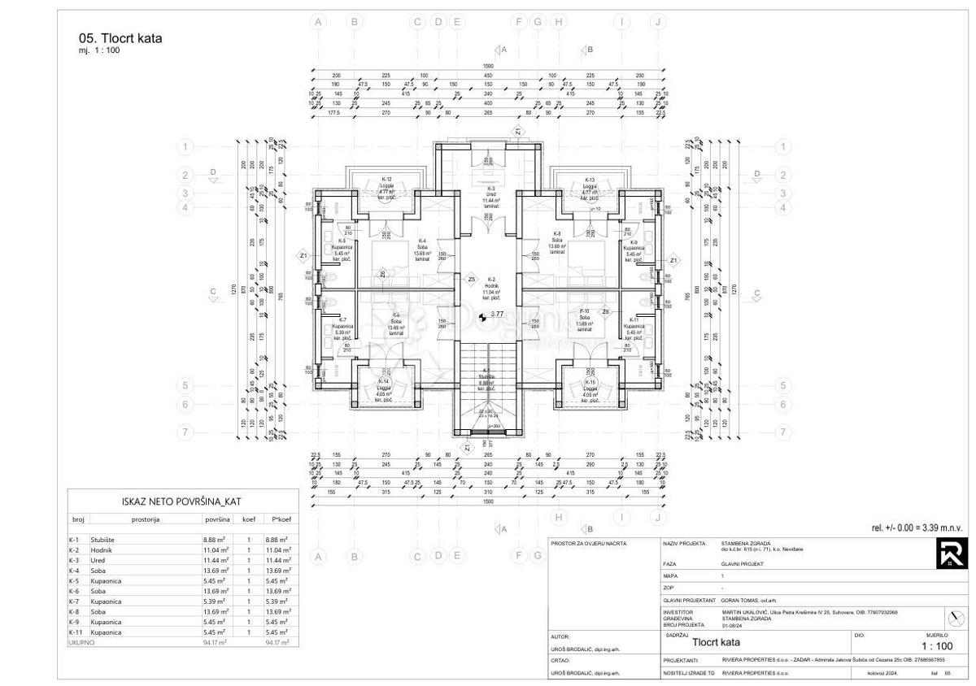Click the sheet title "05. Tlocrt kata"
coord(120,37)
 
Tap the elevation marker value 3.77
coord(495,314)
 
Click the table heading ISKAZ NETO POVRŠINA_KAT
coord(182,501)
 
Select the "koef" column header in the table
coord(248,519)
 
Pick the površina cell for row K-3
coord(215,560)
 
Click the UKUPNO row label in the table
coord(81,642)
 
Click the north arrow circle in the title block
coord(952,614)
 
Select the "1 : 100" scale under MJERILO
coord(936,646)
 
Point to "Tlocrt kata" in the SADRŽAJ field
coord(716,642)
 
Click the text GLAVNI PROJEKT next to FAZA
coord(741,563)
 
